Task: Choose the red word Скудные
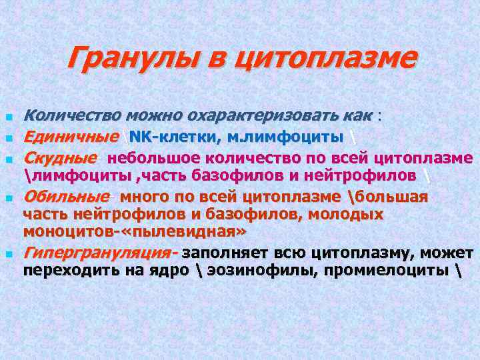60,159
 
